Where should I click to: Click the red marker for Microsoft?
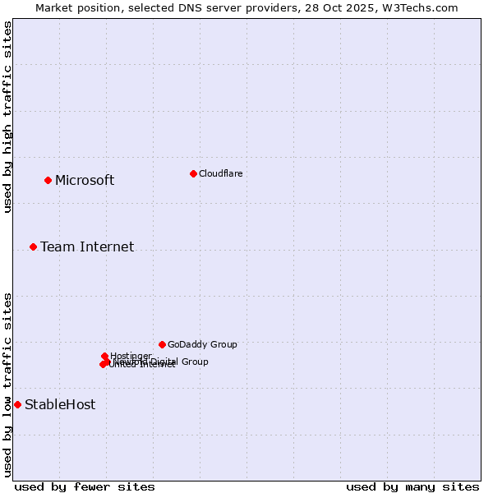[x=48, y=180]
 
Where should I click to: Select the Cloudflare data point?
[x=193, y=173]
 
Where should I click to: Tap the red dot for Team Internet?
[x=33, y=246]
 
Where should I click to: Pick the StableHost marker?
[x=17, y=404]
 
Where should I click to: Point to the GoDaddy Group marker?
[x=162, y=344]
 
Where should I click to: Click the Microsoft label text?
[x=85, y=181]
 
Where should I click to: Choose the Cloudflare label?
[x=220, y=173]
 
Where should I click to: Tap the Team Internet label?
[x=87, y=247]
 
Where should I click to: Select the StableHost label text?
[x=60, y=405]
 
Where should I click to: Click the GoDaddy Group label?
[x=202, y=345]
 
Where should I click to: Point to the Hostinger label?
[x=131, y=356]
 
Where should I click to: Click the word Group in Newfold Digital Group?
[x=195, y=362]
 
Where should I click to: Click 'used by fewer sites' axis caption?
[x=85, y=486]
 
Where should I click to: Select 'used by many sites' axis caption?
[x=412, y=486]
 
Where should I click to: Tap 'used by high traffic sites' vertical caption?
[x=7, y=117]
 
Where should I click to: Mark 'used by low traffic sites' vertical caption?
[x=7, y=385]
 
